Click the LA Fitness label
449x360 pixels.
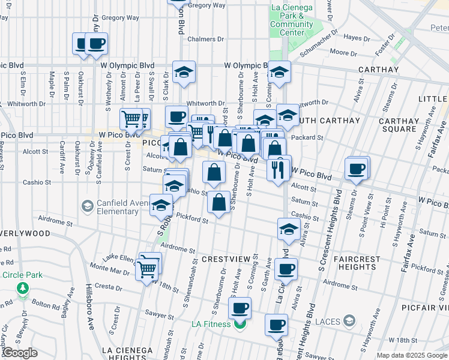pos(211,325)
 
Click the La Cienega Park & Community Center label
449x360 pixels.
pos(292,20)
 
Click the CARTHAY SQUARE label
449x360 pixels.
pos(406,125)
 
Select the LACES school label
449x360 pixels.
pos(328,321)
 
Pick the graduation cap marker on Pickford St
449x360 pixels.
pos(161,206)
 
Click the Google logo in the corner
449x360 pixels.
pos(19,353)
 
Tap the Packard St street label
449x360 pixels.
pos(311,137)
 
